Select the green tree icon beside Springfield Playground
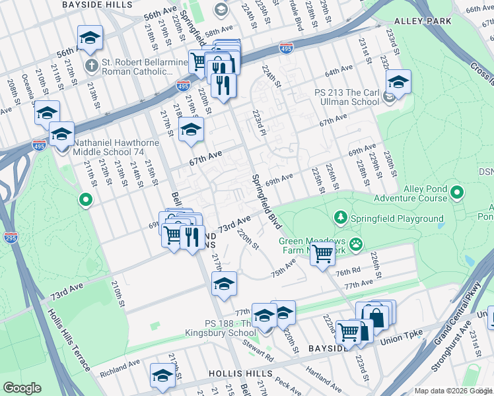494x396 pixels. click(x=340, y=217)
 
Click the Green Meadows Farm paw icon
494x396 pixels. click(x=356, y=244)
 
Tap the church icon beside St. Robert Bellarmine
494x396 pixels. click(x=92, y=65)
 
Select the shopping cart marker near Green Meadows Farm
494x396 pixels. click(x=322, y=253)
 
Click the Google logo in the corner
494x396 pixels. click(x=22, y=388)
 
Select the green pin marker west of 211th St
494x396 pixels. click(x=85, y=199)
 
